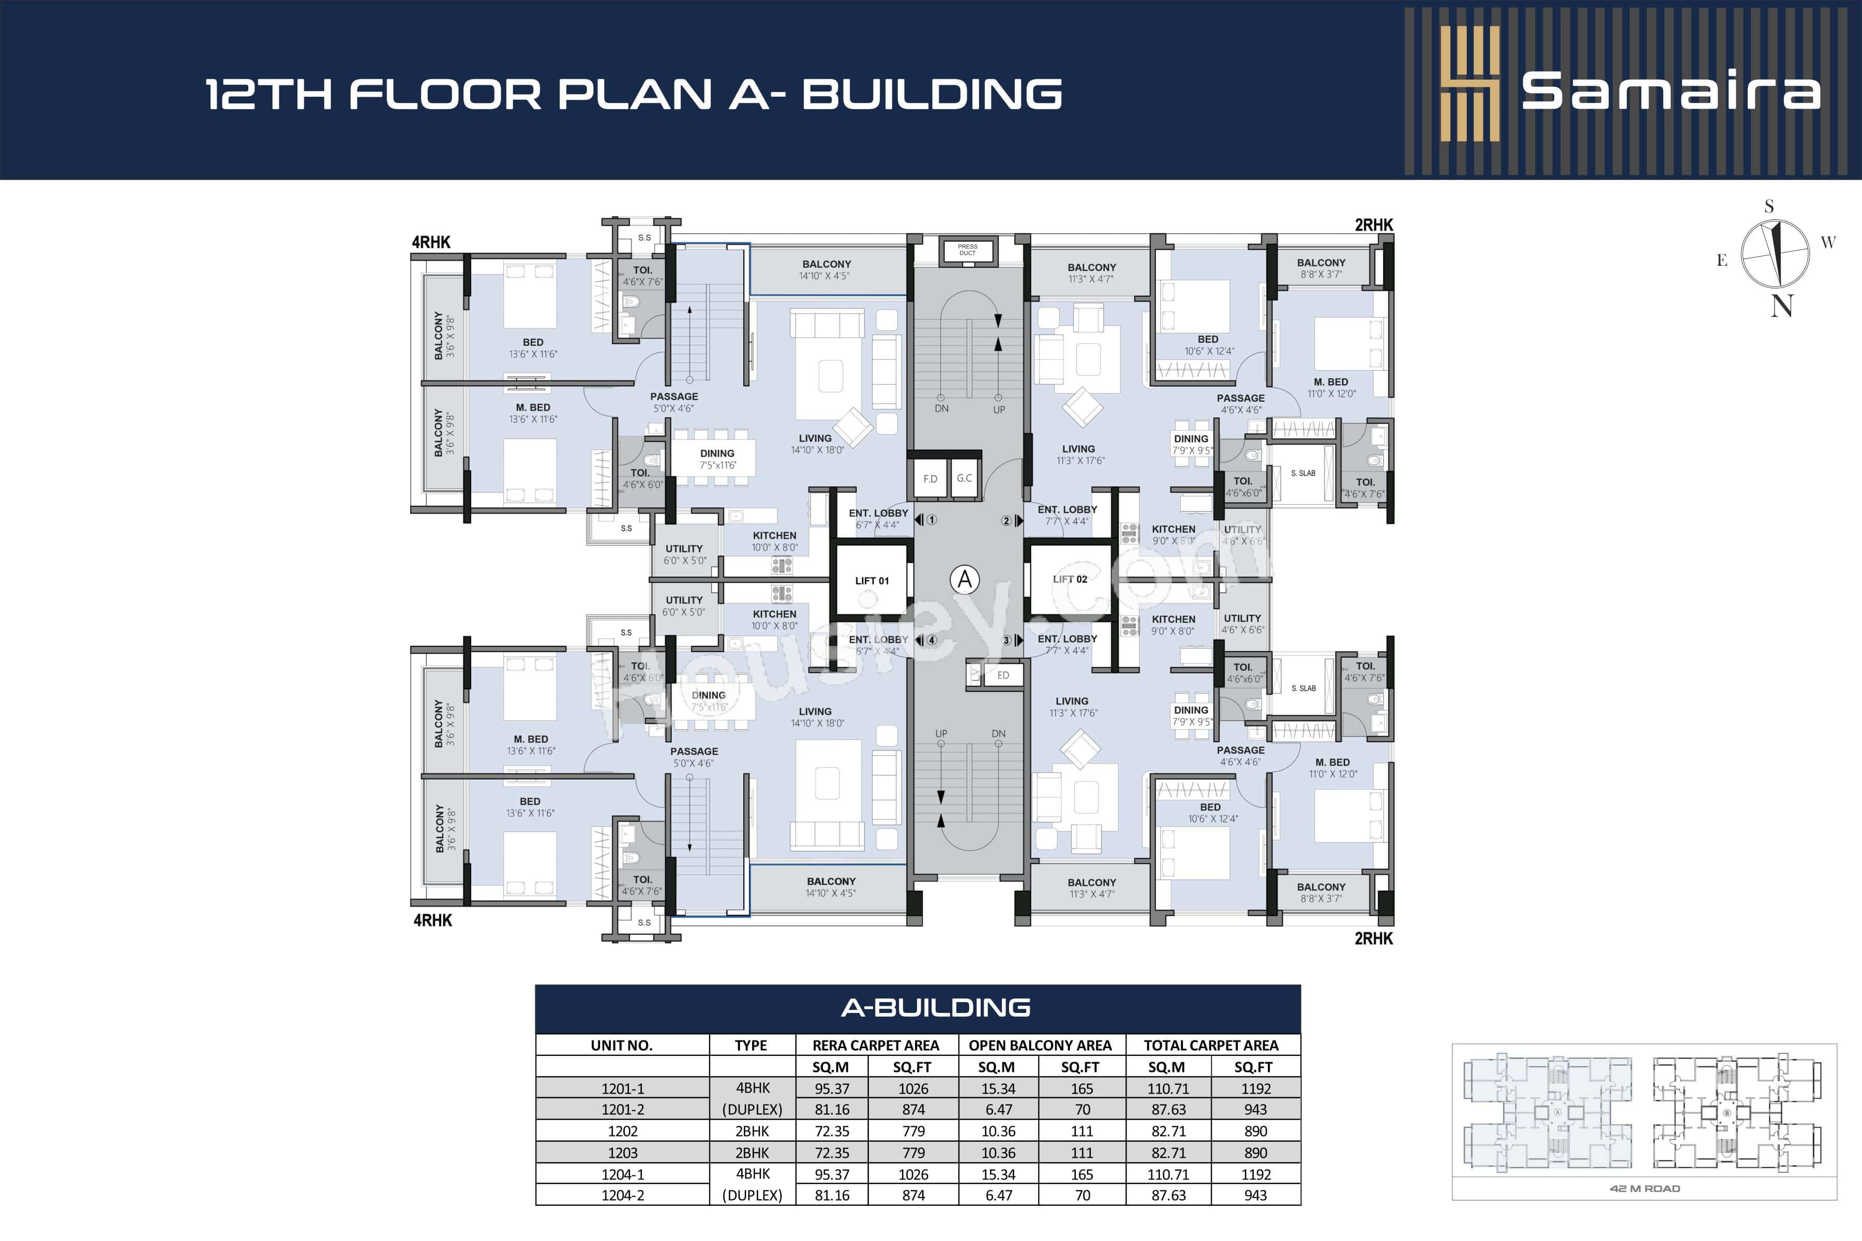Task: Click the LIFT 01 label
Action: (x=872, y=581)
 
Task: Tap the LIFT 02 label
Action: (x=1070, y=579)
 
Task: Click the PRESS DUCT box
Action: (x=967, y=250)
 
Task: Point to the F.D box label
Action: (x=930, y=479)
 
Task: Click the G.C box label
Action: (x=964, y=478)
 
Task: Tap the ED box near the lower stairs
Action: (x=1003, y=675)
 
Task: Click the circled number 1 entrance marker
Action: (x=932, y=520)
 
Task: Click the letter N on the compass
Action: (x=1781, y=306)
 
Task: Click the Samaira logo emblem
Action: (x=1469, y=84)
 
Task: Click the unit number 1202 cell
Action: (x=622, y=1131)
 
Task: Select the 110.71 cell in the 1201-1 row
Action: (x=1168, y=1089)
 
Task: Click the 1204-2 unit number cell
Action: (x=622, y=1195)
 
